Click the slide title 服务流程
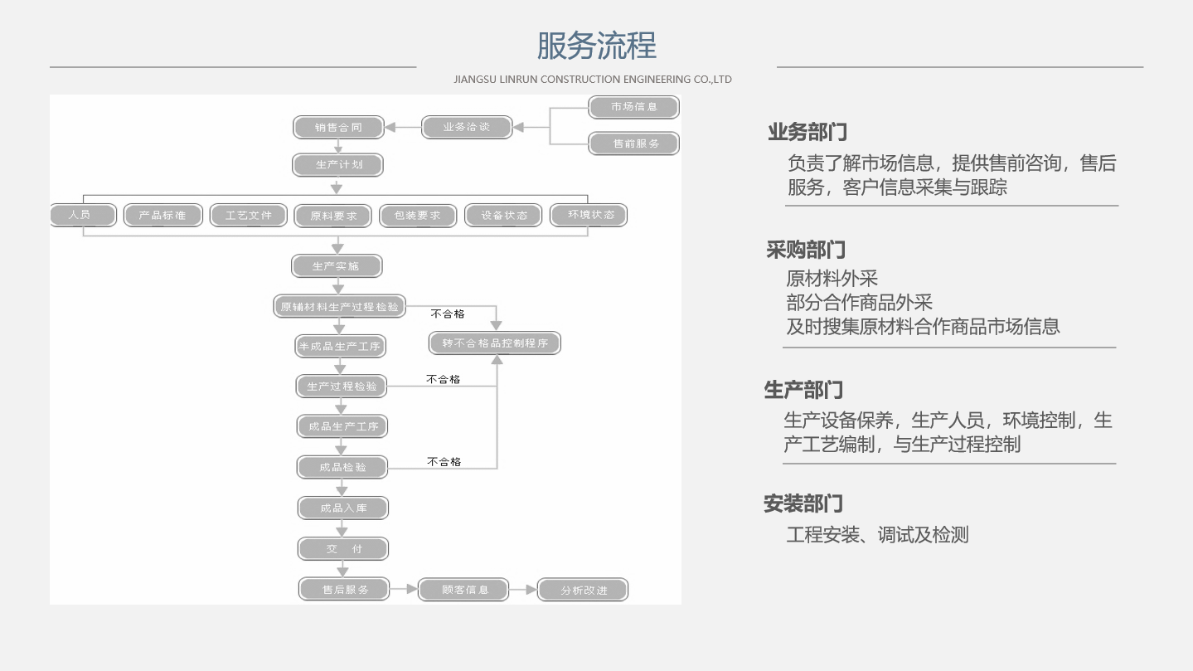pos(597,46)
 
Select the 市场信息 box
pos(633,107)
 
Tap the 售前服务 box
pos(633,143)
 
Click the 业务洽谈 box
pos(467,128)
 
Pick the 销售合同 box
pos(338,128)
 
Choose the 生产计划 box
pos(337,165)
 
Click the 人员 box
pos(83,216)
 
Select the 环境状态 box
pos(589,216)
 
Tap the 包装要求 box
pos(418,216)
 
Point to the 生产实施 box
pos(337,266)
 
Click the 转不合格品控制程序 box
pos(495,343)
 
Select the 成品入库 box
pos(343,508)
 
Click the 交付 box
pos(343,549)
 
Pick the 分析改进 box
pos(583,590)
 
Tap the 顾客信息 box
pos(463,590)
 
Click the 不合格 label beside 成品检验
pos(444,461)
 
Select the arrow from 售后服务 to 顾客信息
pos(404,590)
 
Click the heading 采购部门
pos(806,250)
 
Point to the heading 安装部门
pos(803,503)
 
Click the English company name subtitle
pos(592,80)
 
